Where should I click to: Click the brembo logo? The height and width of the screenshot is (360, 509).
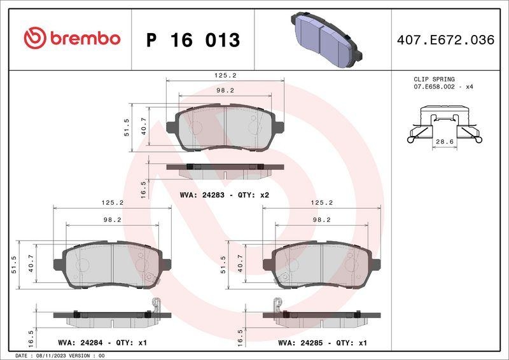tap(71, 39)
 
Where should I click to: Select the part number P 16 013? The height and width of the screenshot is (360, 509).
tap(193, 40)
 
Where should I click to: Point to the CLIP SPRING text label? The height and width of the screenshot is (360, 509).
tap(434, 78)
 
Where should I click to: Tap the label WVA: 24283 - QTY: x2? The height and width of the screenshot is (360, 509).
tap(225, 195)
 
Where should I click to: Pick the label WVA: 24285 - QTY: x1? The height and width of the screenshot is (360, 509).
tap(323, 343)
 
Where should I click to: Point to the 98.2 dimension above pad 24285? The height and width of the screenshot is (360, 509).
tap(322, 219)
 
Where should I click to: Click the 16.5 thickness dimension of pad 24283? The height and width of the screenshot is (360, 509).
tap(143, 188)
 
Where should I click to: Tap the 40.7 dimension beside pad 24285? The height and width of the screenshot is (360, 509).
tap(241, 262)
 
